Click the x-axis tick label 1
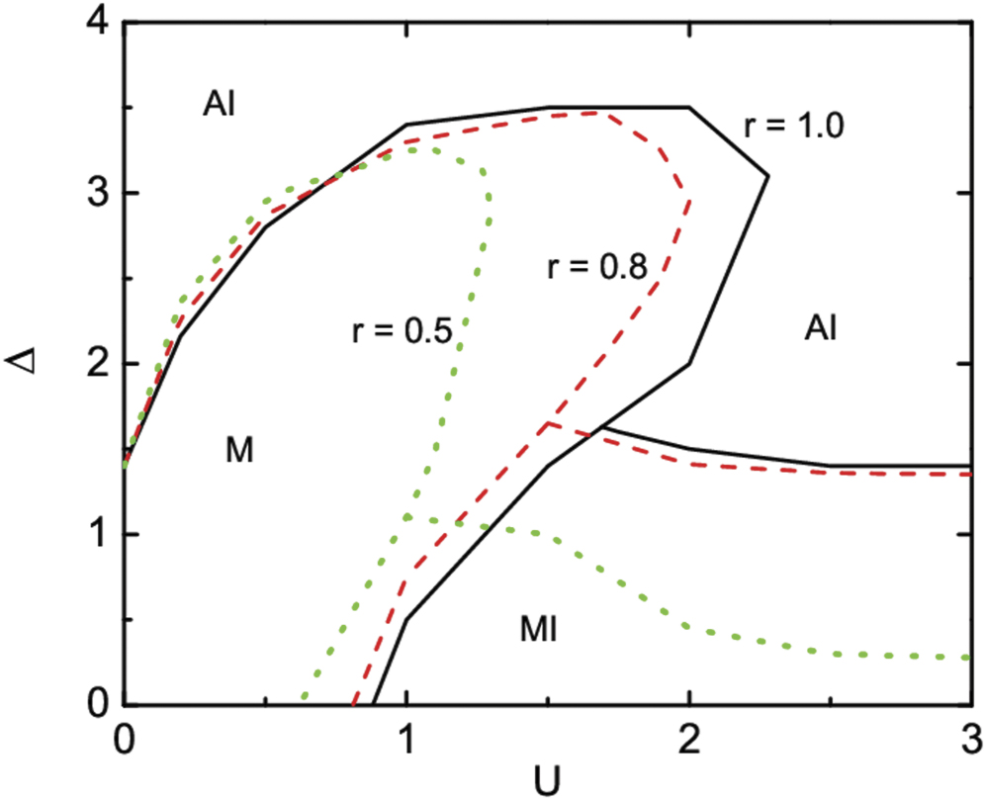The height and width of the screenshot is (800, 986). click(406, 737)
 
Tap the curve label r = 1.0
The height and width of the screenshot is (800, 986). click(792, 128)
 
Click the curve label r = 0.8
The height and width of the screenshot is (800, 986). click(595, 267)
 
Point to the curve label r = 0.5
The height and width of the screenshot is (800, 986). click(402, 331)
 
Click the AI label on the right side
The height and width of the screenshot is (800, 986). click(820, 328)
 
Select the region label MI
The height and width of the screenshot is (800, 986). click(539, 629)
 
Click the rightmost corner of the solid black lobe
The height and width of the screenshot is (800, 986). click(768, 176)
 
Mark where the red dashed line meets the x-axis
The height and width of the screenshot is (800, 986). click(352, 703)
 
